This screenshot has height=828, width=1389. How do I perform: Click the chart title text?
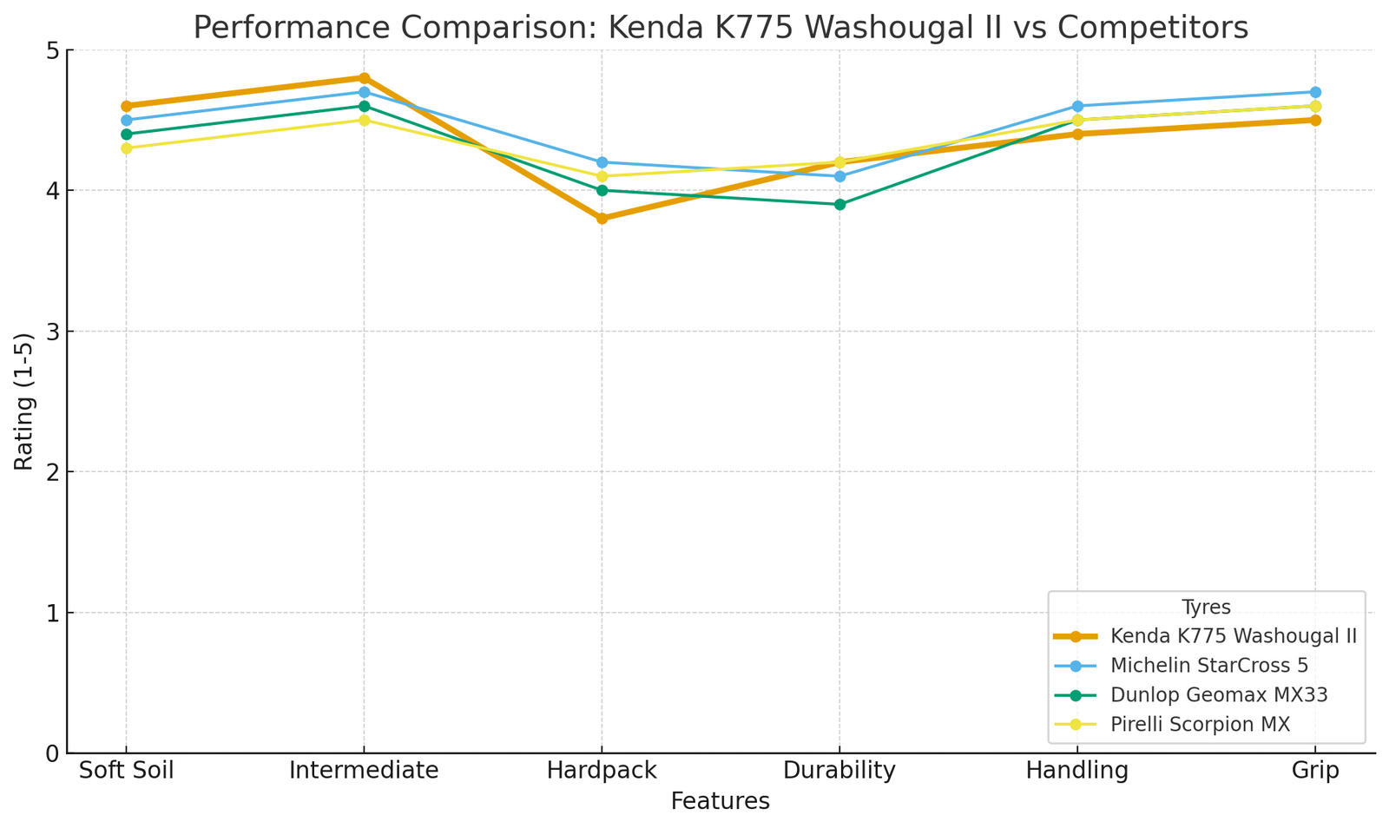(720, 28)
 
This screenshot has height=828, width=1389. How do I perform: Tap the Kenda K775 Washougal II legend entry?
(1233, 635)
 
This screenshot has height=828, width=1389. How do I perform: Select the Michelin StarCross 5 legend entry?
(1208, 666)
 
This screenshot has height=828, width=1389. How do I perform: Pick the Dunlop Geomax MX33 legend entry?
(1219, 695)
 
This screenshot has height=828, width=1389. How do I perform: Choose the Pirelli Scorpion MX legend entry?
(1200, 725)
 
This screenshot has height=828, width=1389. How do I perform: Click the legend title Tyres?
(1206, 608)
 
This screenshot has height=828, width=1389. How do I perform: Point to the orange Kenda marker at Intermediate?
(364, 78)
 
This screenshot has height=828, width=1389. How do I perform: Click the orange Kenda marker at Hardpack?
(602, 219)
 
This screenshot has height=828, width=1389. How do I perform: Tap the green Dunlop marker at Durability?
(839, 205)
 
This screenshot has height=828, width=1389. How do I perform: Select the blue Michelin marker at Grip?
(1315, 92)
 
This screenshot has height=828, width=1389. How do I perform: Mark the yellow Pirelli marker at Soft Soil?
(126, 148)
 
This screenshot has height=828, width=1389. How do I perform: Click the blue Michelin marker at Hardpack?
(602, 162)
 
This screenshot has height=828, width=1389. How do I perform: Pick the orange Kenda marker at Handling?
(1077, 134)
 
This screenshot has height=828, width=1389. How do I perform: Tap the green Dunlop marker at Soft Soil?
(126, 135)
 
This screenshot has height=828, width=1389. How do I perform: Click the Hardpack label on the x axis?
(602, 771)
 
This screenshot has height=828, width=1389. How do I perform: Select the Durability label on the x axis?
(839, 771)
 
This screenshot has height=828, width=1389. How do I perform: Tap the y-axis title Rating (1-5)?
(24, 401)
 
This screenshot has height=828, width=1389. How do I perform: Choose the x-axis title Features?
(720, 801)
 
